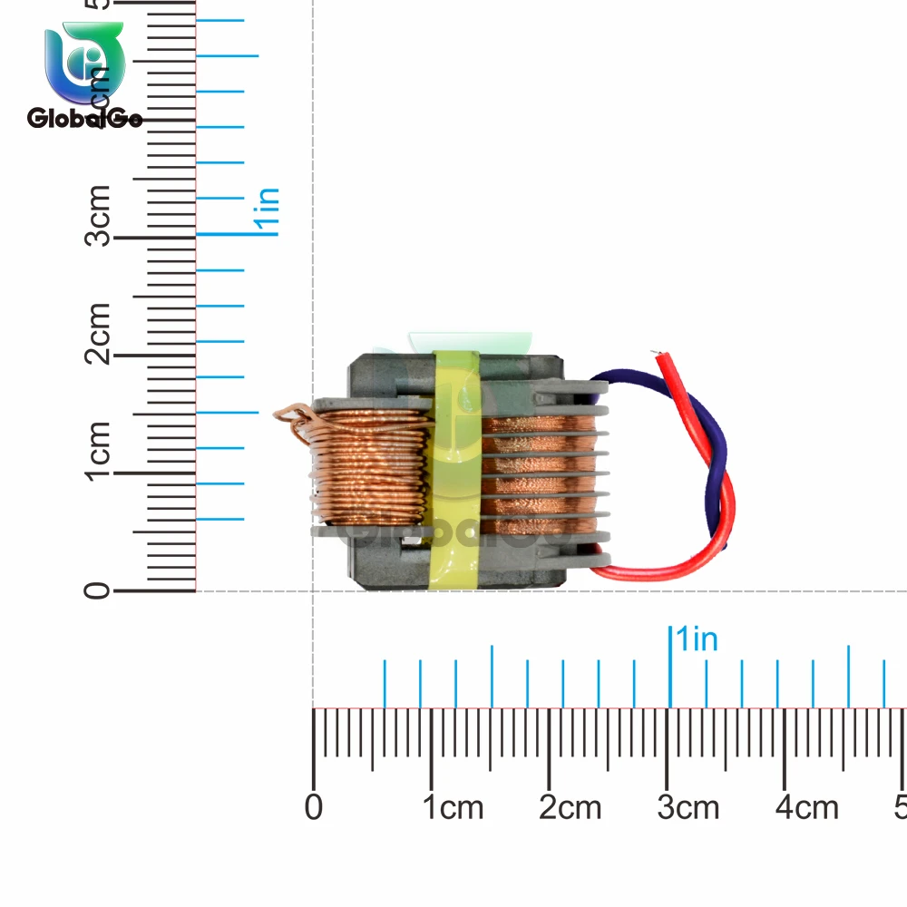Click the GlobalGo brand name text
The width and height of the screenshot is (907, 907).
click(x=84, y=118)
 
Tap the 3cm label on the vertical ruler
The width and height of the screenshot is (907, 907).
click(x=100, y=215)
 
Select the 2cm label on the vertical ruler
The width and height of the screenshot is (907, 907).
click(x=100, y=333)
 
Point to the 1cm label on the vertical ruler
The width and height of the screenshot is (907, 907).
click(x=100, y=451)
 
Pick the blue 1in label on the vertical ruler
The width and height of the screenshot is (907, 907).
click(x=268, y=211)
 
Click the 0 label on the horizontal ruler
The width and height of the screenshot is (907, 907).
click(x=314, y=807)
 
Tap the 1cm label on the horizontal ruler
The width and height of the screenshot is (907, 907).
click(x=454, y=807)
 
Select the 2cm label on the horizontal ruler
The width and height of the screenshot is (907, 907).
click(x=571, y=807)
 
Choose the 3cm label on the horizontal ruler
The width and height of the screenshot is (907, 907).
click(x=688, y=807)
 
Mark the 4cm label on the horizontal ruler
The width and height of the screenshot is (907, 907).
click(x=806, y=807)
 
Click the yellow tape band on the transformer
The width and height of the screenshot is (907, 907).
click(x=456, y=472)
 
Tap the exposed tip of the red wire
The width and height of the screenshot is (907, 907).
click(x=659, y=356)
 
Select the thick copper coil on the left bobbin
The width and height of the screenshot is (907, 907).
click(x=372, y=467)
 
